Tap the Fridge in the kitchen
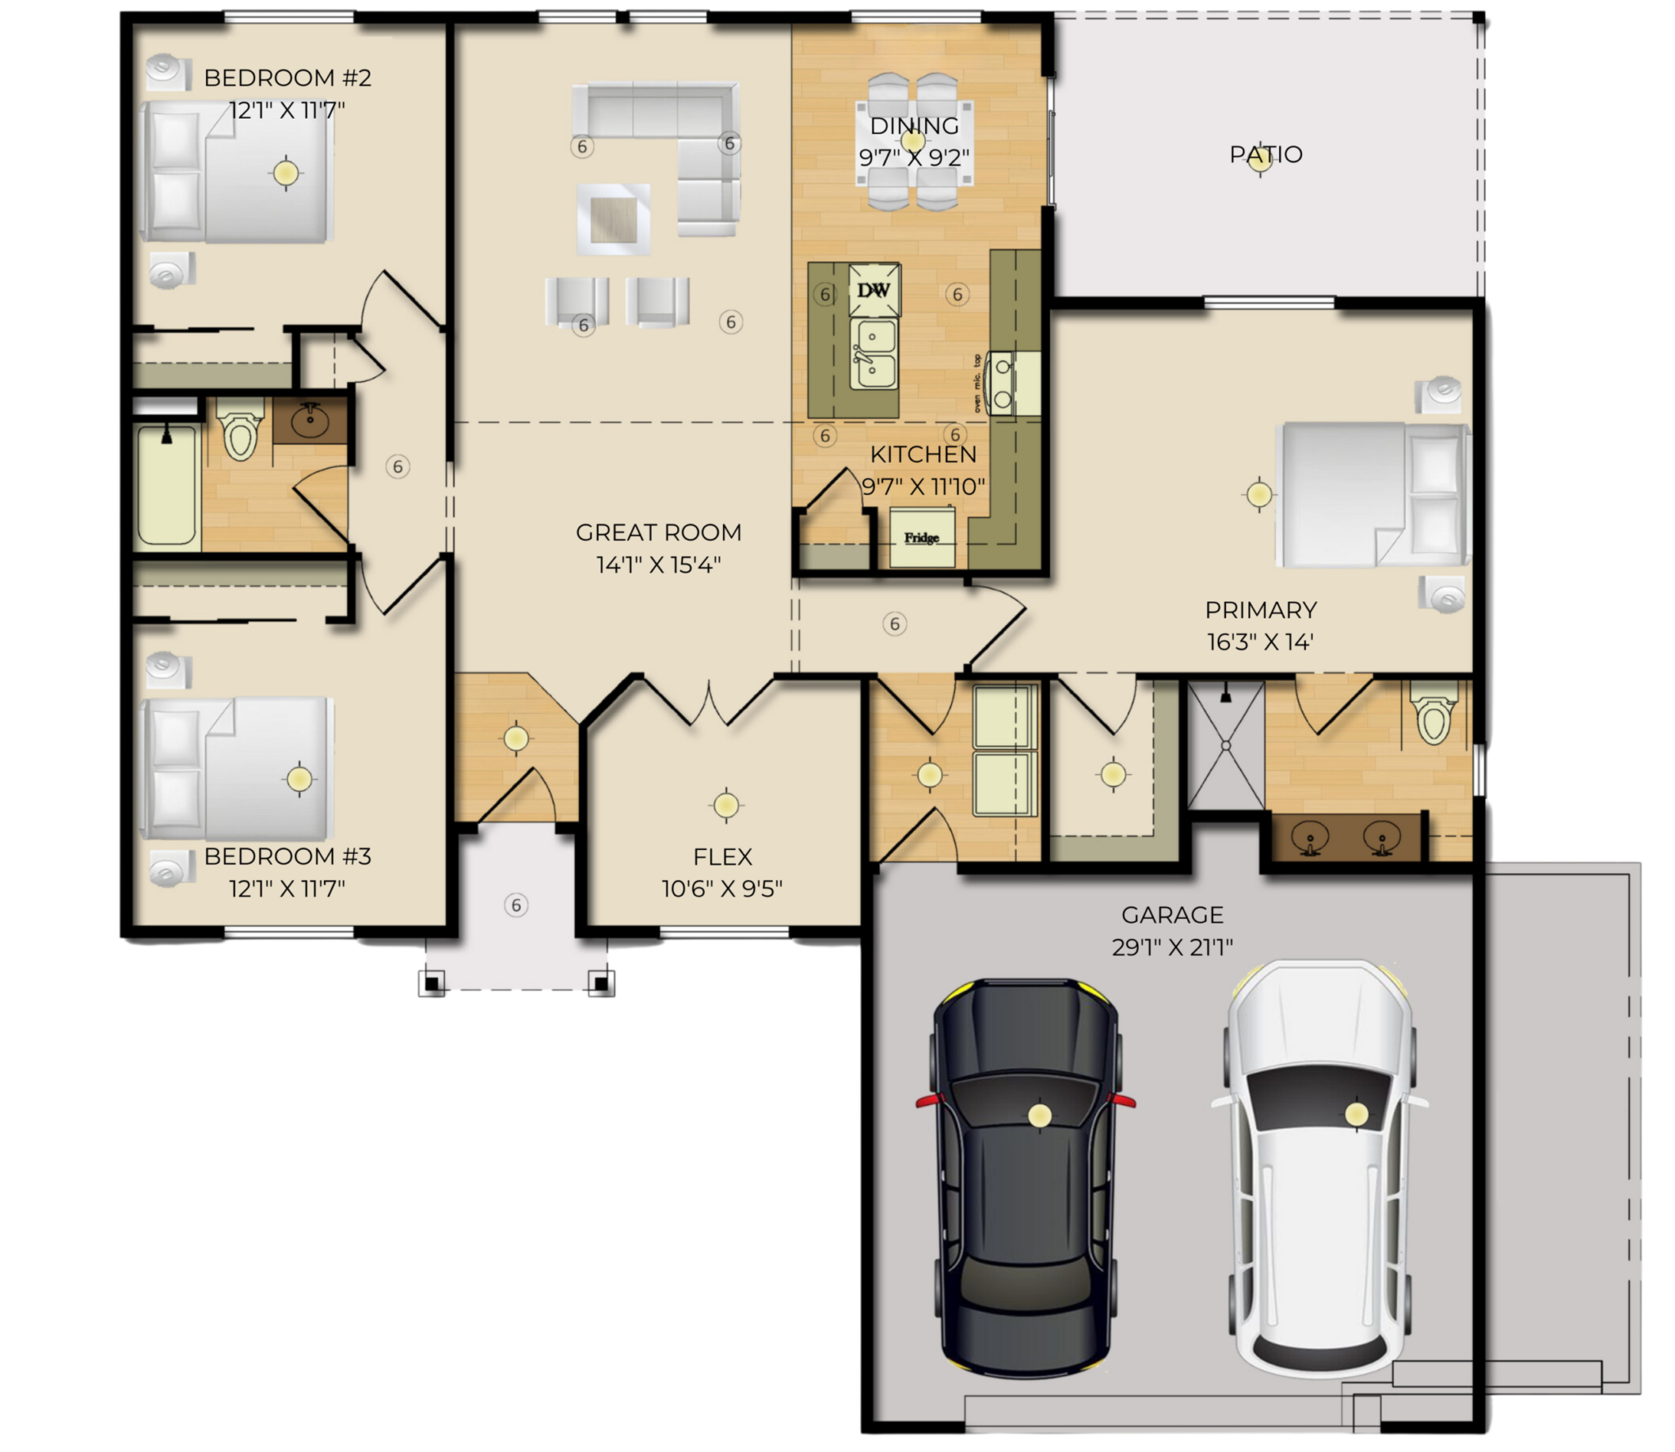click(922, 537)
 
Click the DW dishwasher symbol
click(874, 290)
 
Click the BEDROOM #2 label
click(288, 78)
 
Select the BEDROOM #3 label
click(288, 856)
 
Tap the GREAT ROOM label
click(658, 533)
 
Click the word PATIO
click(1266, 154)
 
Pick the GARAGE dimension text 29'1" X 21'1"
click(1172, 946)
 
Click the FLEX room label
click(722, 856)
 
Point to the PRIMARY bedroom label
click(1260, 610)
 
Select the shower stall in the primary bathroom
click(1226, 745)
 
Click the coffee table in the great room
click(613, 218)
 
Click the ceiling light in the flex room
click(725, 806)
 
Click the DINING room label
click(914, 126)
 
